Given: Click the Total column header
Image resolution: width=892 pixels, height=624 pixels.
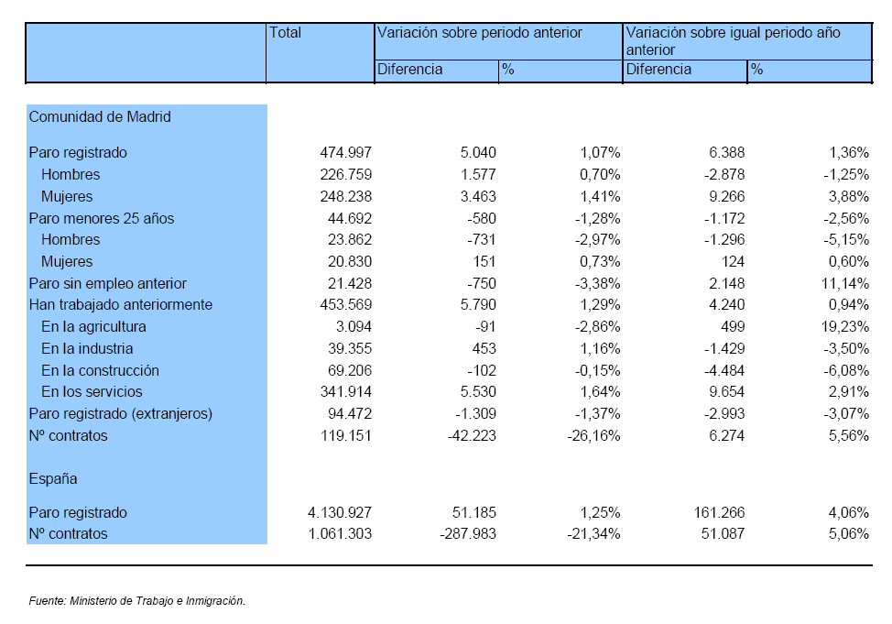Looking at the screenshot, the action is pos(285,32).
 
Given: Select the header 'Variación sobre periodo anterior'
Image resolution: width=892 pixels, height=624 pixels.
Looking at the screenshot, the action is pos(480,32).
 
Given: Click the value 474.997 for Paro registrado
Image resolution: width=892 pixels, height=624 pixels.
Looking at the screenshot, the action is pos(346,153).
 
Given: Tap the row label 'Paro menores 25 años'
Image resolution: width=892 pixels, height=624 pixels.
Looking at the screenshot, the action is pos(102,218).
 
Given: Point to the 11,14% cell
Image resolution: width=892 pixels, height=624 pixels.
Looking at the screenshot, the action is pos(845,283).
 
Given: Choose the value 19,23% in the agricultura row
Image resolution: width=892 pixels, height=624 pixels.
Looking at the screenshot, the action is pos(845,327).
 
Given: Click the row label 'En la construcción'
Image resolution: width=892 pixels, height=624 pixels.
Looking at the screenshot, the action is pos(100,370).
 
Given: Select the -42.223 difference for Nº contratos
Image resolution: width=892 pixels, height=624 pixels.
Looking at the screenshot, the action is pos(472,436).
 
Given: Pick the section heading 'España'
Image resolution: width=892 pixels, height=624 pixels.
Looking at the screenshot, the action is pos(53,479).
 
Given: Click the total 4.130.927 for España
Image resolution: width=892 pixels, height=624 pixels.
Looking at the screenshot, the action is pos(340,512).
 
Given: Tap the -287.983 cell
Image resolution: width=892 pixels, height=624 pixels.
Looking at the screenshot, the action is pos(468,534).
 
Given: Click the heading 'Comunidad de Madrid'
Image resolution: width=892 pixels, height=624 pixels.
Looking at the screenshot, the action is pos(100,116).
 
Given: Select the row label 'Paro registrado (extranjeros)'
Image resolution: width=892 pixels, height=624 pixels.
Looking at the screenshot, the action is pos(121,414).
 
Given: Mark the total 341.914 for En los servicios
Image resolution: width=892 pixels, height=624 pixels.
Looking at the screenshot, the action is pos(346,391).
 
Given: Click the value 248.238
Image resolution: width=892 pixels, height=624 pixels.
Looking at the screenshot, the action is pos(346,196).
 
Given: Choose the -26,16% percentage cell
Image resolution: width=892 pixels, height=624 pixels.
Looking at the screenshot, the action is pos(594,436).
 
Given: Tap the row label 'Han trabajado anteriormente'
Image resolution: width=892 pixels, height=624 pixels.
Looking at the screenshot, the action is pos(121,304).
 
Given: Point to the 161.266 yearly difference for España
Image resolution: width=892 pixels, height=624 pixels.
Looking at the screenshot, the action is pos(719,512).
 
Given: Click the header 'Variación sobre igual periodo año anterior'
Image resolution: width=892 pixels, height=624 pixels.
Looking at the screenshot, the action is pos(734,41).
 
